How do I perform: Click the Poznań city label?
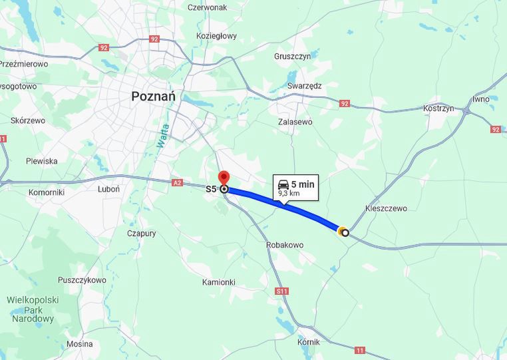click(153, 96)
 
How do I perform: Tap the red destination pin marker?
click(224, 179)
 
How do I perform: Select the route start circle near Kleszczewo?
click(345, 232)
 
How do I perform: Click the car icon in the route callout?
click(283, 184)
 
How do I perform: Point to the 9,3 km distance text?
click(288, 193)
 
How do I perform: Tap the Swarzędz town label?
click(305, 86)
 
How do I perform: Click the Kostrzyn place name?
click(438, 108)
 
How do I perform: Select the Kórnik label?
click(309, 342)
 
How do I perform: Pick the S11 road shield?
click(283, 291)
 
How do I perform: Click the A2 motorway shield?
click(177, 182)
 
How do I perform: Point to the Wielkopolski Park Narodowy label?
click(33, 309)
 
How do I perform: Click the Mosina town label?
click(79, 344)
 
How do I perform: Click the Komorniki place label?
click(46, 192)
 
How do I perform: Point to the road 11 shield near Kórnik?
click(361, 349)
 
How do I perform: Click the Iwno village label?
click(480, 99)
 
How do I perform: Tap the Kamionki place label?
click(218, 282)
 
